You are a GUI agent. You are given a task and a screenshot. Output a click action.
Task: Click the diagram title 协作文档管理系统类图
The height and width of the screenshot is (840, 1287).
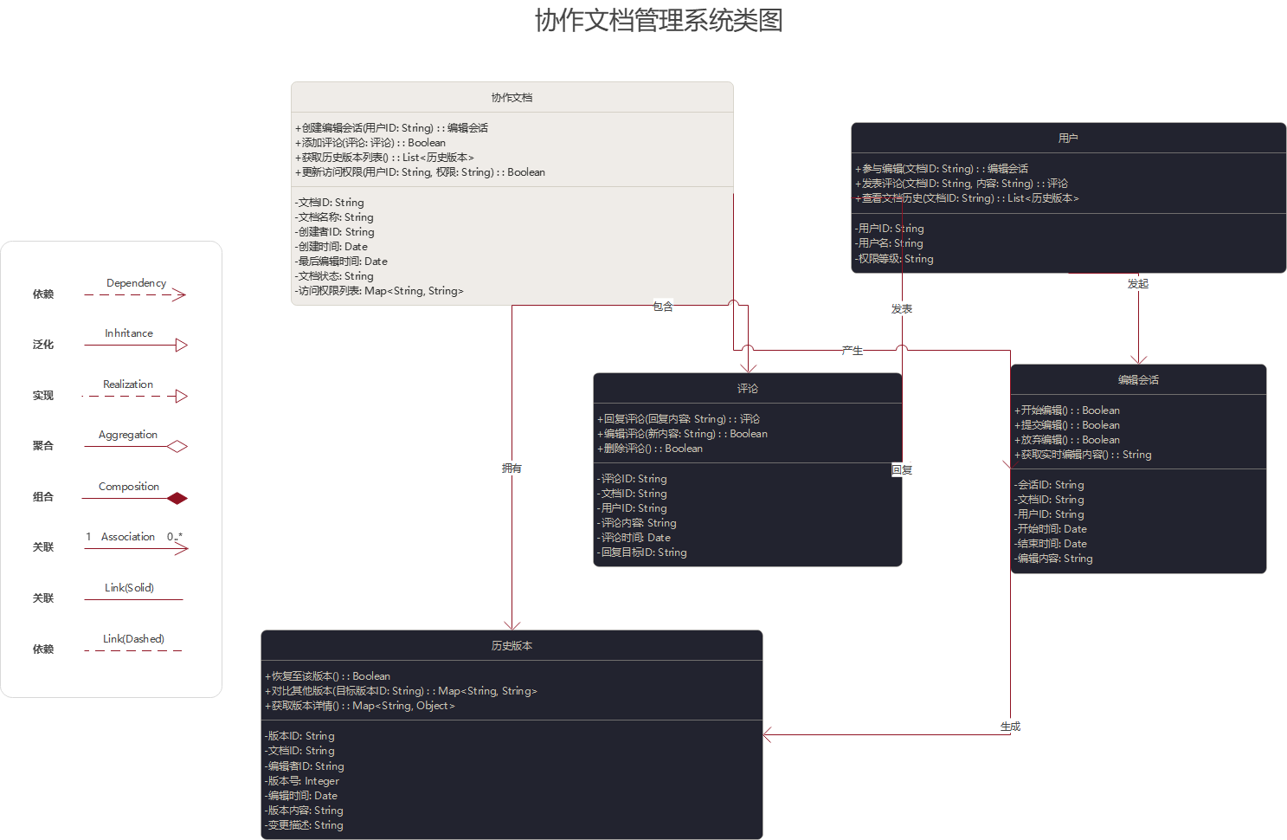coord(659,20)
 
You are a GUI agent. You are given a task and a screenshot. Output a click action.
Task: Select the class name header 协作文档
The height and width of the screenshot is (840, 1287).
coord(512,98)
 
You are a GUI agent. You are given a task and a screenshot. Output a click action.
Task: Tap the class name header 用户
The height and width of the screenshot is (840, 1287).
coord(1068,139)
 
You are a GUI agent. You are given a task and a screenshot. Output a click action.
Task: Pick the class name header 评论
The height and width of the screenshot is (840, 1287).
coord(747,389)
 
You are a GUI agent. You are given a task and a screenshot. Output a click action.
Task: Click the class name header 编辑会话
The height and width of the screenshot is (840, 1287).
coord(1138,380)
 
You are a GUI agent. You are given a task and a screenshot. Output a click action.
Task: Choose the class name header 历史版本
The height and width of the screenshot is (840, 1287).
coord(512,646)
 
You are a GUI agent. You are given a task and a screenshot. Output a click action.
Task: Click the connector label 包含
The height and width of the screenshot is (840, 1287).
coord(663,307)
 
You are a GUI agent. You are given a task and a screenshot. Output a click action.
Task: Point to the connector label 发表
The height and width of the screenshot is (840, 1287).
coord(902,308)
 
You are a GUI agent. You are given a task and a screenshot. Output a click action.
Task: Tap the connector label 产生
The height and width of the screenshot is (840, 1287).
coord(853,350)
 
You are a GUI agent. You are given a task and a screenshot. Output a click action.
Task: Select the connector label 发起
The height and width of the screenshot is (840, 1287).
coord(1138,283)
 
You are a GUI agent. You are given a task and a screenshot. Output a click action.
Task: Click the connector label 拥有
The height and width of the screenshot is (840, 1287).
coord(512,468)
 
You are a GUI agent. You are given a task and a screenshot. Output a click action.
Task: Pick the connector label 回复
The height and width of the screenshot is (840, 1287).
coord(902,469)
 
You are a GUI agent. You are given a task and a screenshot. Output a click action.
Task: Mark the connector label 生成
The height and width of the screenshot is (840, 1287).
coord(1010,727)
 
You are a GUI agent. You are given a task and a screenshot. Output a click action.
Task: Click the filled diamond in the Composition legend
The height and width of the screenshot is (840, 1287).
coord(177,498)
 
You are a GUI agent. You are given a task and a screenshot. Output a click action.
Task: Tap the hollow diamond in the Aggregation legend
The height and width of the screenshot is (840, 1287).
coord(177,447)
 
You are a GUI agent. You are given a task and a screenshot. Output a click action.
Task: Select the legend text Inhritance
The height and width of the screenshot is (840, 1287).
coord(129,333)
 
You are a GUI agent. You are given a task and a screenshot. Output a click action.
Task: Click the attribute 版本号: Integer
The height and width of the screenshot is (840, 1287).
coord(303,781)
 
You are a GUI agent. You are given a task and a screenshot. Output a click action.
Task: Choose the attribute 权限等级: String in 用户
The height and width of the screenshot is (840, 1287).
coord(895,259)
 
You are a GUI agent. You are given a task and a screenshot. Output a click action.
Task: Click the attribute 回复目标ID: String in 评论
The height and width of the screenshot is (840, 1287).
coord(643,552)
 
